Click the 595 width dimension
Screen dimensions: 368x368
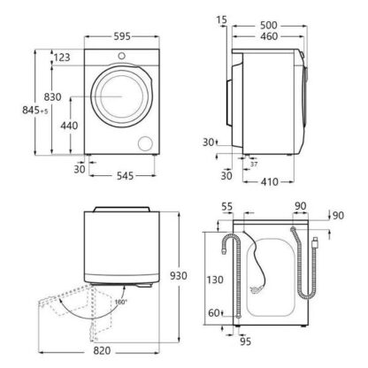pyautogui.click(x=122, y=36)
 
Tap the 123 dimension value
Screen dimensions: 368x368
pyautogui.click(x=62, y=57)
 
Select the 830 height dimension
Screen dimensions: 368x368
pyautogui.click(x=52, y=96)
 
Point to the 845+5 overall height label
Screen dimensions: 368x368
pyautogui.click(x=35, y=111)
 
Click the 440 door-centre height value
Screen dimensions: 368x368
pyautogui.click(x=69, y=126)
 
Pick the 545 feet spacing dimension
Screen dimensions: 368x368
pyautogui.click(x=125, y=176)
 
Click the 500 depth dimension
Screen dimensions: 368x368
pyautogui.click(x=269, y=26)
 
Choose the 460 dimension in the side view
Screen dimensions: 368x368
pyautogui.click(x=269, y=36)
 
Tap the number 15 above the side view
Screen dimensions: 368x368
pyautogui.click(x=221, y=19)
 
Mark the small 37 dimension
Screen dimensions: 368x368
pyautogui.click(x=254, y=164)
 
